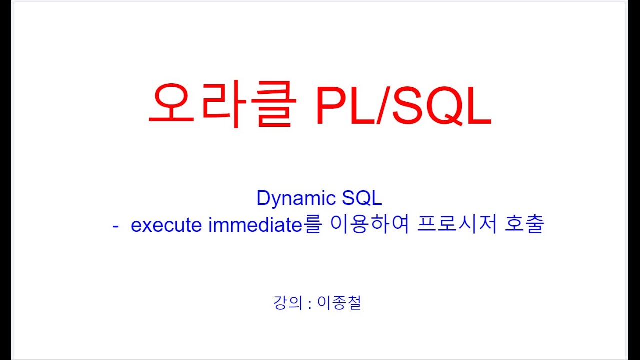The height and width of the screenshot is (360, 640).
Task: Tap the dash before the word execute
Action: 116,226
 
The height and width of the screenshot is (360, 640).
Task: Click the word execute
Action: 167,225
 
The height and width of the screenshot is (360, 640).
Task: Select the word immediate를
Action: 265,225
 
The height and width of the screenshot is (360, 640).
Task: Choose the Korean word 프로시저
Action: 456,225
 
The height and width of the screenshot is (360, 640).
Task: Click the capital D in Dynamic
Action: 263,198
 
